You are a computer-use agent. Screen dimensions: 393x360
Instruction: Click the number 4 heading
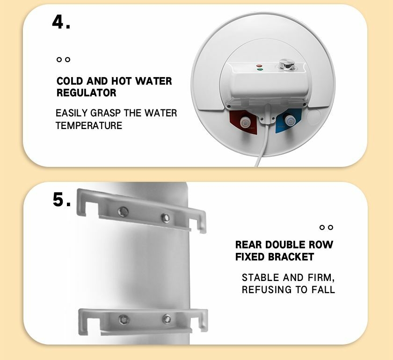click(61, 22)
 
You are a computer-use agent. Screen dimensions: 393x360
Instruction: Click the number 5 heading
click(62, 200)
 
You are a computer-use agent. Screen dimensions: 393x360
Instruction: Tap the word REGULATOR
click(87, 93)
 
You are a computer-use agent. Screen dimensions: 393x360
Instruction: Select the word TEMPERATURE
click(89, 125)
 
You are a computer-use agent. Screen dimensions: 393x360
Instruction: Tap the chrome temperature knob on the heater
click(287, 65)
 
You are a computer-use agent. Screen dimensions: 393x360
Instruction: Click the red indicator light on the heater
click(259, 66)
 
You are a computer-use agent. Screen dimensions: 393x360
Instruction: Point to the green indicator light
click(260, 69)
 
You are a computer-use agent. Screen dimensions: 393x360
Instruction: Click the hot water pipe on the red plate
click(245, 122)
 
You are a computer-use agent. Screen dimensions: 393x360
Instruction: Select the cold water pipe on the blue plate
click(290, 121)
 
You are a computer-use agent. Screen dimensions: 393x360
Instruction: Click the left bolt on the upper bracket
click(123, 211)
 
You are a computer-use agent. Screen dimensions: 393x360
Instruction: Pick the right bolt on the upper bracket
click(165, 218)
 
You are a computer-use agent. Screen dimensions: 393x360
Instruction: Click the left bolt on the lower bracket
click(124, 320)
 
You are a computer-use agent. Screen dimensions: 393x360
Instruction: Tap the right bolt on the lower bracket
click(167, 319)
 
